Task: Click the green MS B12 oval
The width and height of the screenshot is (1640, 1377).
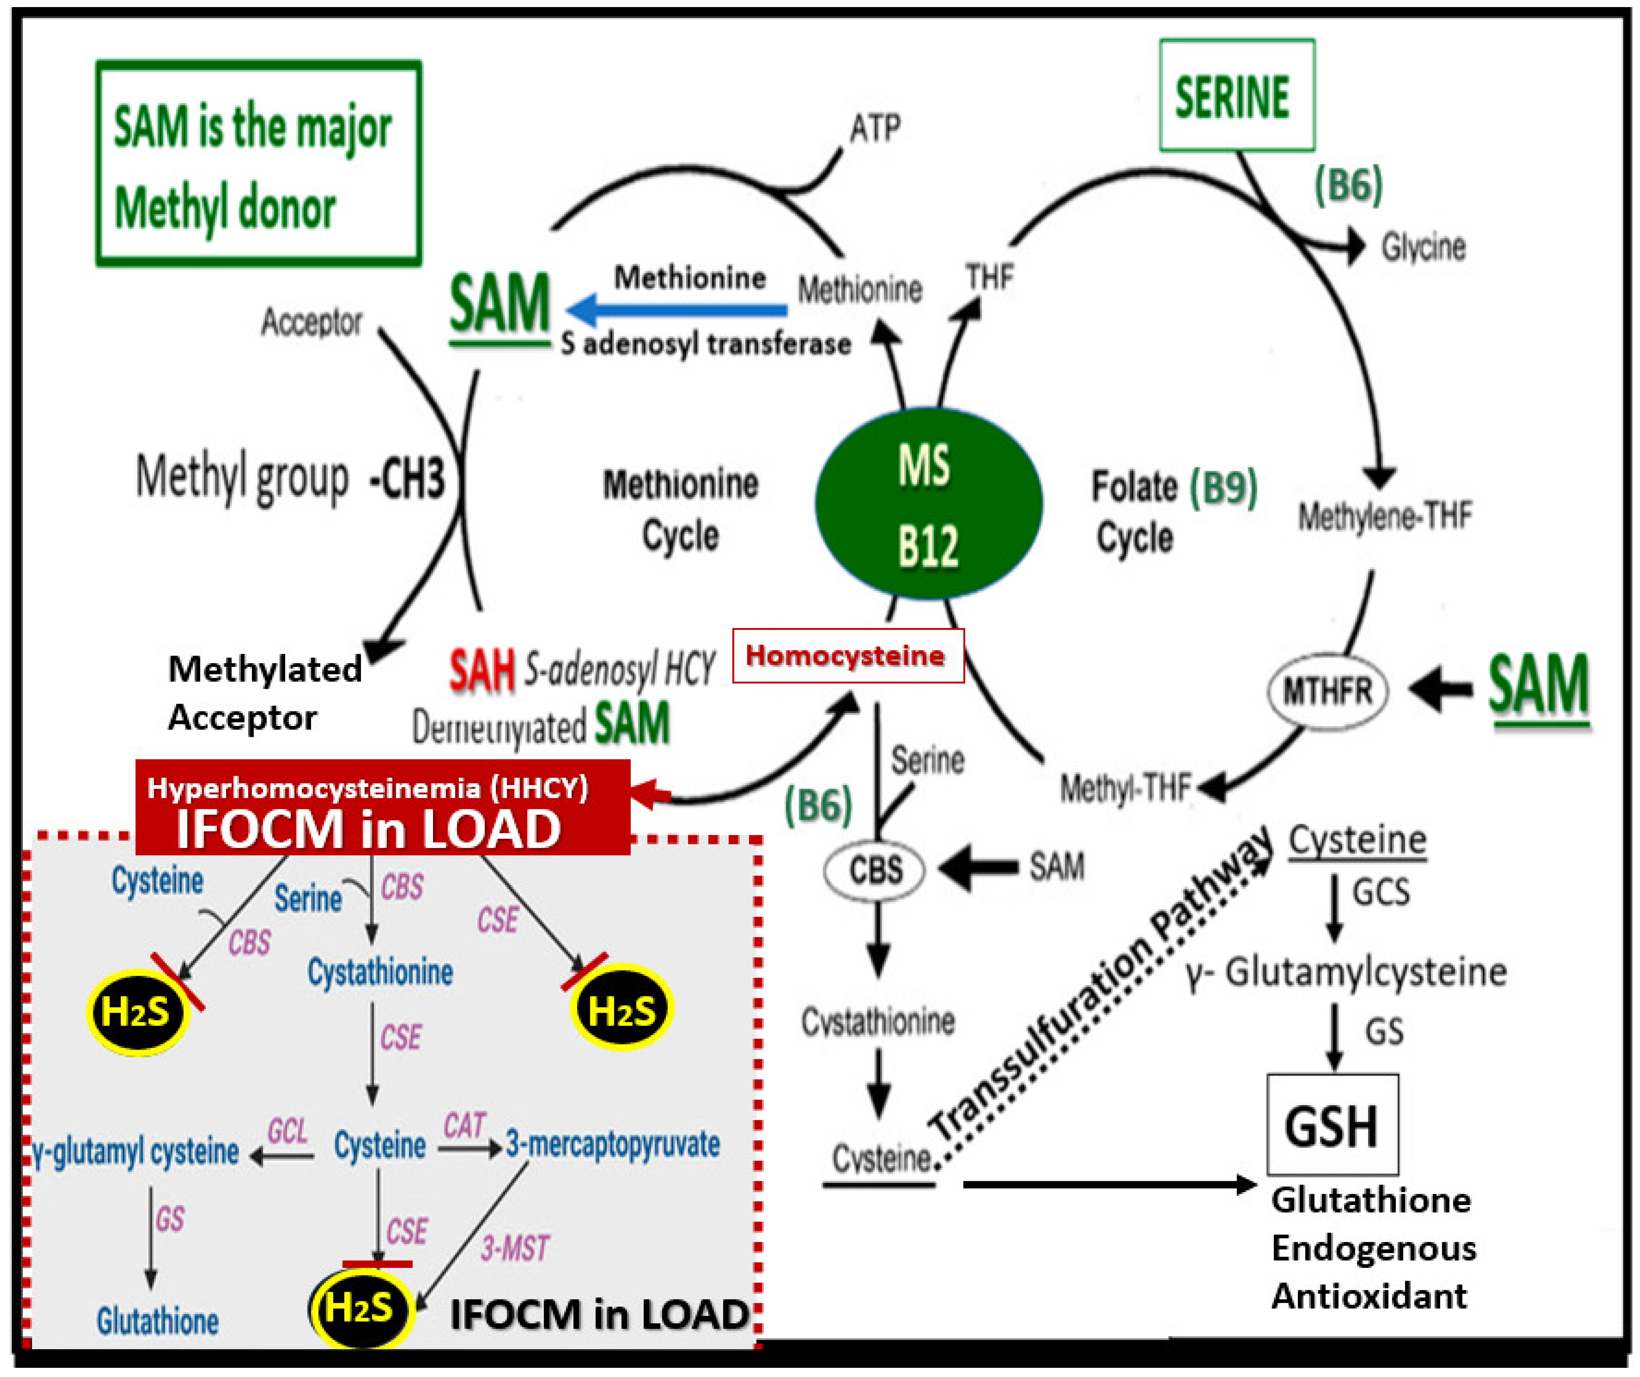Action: [928, 504]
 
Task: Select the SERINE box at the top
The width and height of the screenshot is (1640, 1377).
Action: [1236, 95]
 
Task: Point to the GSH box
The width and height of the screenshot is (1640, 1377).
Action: [1331, 1125]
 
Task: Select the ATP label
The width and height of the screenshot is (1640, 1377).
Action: [875, 127]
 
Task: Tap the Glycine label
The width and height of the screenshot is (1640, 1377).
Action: [1423, 247]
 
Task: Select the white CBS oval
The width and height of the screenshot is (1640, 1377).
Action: [875, 869]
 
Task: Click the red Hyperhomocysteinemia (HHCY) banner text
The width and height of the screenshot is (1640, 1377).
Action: [367, 788]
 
